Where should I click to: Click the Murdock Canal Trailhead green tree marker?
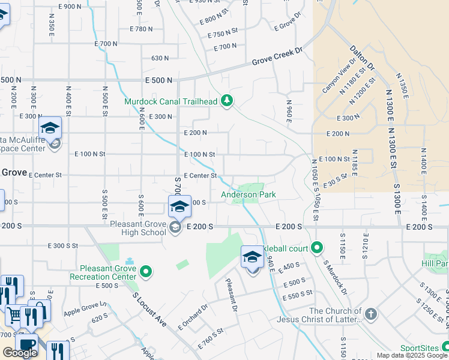226,100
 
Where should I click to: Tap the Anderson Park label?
248,194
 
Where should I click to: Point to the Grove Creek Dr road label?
276,58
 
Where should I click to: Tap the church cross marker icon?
371,314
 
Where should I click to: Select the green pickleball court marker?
317,247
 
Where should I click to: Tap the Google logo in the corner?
20,352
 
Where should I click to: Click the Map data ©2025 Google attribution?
412,355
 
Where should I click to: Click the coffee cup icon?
26,344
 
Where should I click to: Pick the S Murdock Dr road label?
334,277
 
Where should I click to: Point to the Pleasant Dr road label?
232,295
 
